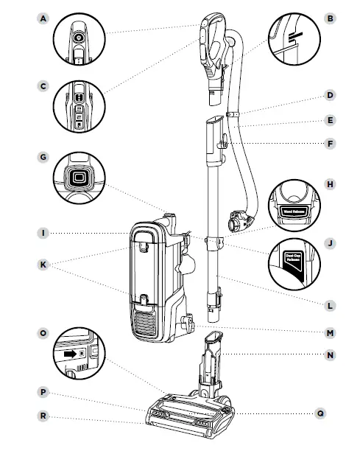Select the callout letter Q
(320, 413)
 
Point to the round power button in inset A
(78, 36)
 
